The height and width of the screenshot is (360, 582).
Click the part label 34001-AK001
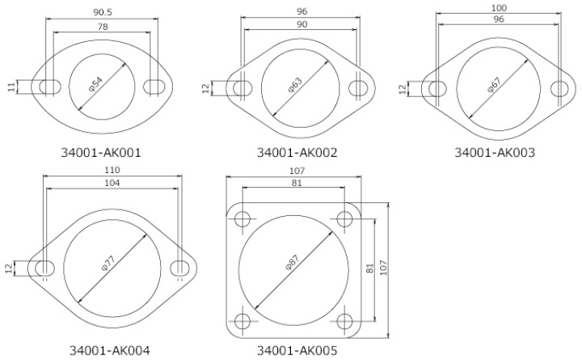coord(101,151)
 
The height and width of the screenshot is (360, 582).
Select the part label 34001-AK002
coord(297,151)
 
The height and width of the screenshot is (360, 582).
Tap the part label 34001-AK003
coord(494,151)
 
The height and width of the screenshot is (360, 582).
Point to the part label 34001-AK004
coord(110,350)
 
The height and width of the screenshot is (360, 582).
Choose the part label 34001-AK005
coord(297,350)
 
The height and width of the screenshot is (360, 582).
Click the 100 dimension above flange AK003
coord(498,7)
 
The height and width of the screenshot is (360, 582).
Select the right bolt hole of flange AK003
coord(559,88)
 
